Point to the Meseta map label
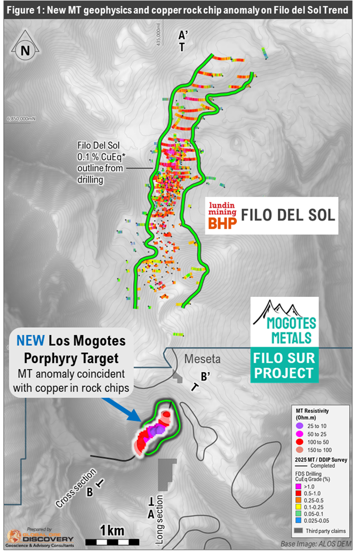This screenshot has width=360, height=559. tap(202, 360)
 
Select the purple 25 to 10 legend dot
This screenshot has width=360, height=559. tap(300, 426)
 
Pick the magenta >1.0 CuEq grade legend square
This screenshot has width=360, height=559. tap(298, 487)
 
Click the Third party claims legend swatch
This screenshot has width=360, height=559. tap(299, 531)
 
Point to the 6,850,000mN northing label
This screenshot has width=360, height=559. tap(22, 118)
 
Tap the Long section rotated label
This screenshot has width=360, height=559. tap(159, 520)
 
